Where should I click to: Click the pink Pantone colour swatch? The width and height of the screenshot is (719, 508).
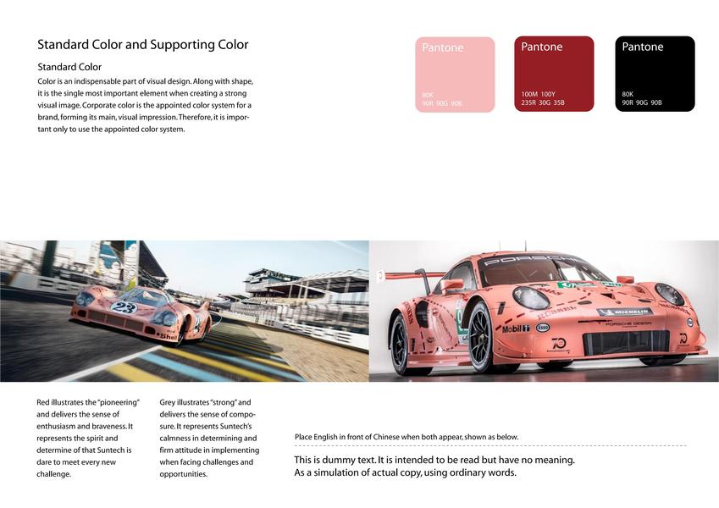[x=456, y=75]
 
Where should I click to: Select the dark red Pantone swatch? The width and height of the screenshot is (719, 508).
[x=554, y=74]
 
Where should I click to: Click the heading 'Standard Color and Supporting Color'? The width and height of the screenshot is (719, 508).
[x=143, y=45]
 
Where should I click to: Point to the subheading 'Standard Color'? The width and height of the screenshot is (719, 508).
[x=69, y=67]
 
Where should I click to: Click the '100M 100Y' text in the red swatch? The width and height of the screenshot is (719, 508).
[x=539, y=94]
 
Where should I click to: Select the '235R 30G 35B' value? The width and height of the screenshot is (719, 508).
[x=544, y=102]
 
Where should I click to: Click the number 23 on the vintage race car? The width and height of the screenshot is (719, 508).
[x=124, y=308]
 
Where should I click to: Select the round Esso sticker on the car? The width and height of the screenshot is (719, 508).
[x=543, y=327]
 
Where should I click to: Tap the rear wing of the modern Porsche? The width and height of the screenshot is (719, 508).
[x=407, y=274]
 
